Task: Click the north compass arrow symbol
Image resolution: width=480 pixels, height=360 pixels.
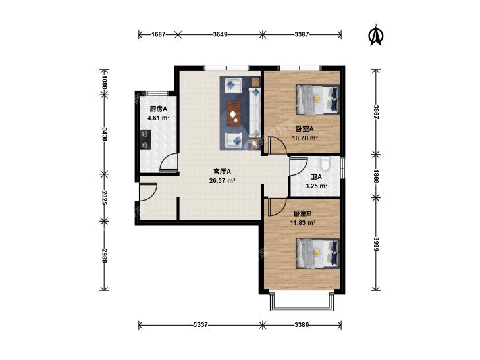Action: pyautogui.click(x=376, y=36)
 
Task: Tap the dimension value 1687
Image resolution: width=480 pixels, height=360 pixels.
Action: pyautogui.click(x=159, y=35)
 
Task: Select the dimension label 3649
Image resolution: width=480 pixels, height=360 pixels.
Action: pyautogui.click(x=220, y=35)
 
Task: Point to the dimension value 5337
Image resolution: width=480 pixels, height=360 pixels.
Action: pyautogui.click(x=201, y=325)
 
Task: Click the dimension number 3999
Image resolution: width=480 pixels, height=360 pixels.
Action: pyautogui.click(x=376, y=244)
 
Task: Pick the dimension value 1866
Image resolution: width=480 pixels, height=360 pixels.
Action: pyautogui.click(x=376, y=176)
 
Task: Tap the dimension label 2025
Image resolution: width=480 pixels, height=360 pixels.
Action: pyautogui.click(x=104, y=197)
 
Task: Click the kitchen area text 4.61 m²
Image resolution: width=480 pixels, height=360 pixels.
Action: pyautogui.click(x=159, y=118)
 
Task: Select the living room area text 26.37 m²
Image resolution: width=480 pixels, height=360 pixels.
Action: pyautogui.click(x=223, y=181)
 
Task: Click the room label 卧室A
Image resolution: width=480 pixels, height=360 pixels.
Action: pyautogui.click(x=305, y=129)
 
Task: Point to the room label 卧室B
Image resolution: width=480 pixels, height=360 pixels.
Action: pyautogui.click(x=303, y=213)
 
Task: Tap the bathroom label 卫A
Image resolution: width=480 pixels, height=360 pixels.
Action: pyautogui.click(x=316, y=177)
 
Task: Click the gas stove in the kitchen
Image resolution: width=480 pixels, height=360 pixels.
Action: pyautogui.click(x=146, y=140)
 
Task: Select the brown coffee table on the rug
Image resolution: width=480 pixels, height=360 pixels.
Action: pyautogui.click(x=234, y=113)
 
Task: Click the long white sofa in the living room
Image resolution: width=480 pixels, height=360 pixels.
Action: pyautogui.click(x=254, y=113)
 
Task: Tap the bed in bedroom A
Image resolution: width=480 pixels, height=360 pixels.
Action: pyautogui.click(x=318, y=99)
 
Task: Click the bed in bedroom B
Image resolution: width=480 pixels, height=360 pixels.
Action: pyautogui.click(x=318, y=253)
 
